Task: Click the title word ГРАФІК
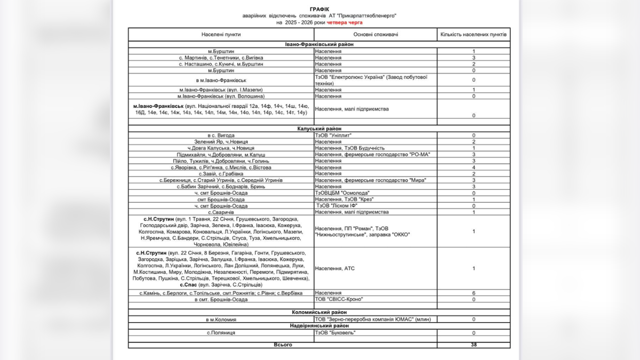click(319, 10)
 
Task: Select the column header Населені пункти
click(221, 34)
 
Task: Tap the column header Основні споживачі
click(375, 34)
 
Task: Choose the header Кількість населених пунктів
click(473, 34)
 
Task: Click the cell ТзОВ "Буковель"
click(335, 333)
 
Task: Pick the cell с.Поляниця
click(221, 333)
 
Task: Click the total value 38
click(474, 345)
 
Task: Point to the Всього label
click(283, 345)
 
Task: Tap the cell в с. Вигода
click(221, 135)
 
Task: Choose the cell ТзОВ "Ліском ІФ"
click(339, 205)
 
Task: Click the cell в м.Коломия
click(221, 319)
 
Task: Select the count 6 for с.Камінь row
click(474, 293)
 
